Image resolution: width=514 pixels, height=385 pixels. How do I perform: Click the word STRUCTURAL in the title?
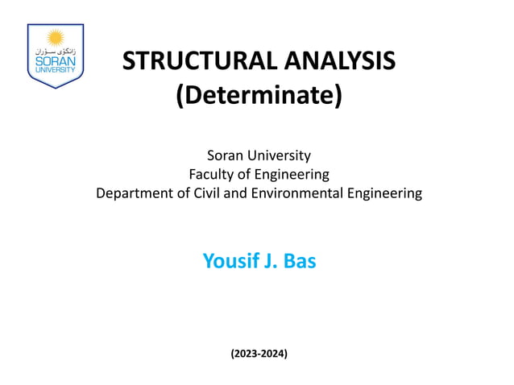tap(191, 61)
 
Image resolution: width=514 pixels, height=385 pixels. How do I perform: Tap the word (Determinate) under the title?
tap(259, 97)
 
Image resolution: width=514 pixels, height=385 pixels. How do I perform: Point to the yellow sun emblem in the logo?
tap(56, 37)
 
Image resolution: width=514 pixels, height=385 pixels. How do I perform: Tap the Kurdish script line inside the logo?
tap(56, 50)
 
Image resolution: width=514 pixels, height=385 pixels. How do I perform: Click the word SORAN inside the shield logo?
tap(56, 60)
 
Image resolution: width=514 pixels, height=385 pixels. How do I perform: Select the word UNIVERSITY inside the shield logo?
tap(56, 69)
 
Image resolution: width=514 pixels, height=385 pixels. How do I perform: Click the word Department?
tap(135, 193)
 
